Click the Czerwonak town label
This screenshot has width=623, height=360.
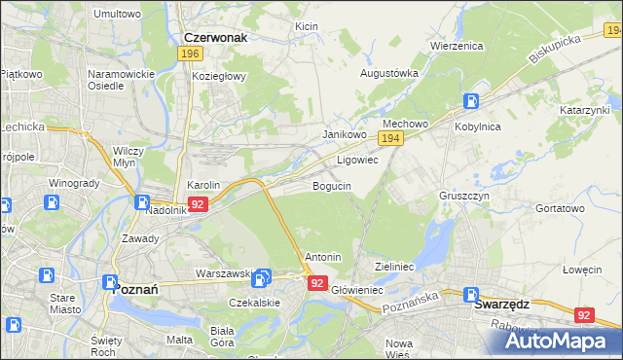click(215, 38)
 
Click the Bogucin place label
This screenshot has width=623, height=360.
click(332, 185)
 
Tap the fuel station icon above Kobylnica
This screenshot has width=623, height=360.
click(471, 100)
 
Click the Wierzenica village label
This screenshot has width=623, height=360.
click(457, 45)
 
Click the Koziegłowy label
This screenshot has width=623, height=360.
click(219, 76)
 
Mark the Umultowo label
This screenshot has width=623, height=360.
click(117, 15)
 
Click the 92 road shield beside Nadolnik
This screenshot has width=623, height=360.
click(198, 204)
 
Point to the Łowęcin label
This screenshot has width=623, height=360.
click(583, 270)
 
